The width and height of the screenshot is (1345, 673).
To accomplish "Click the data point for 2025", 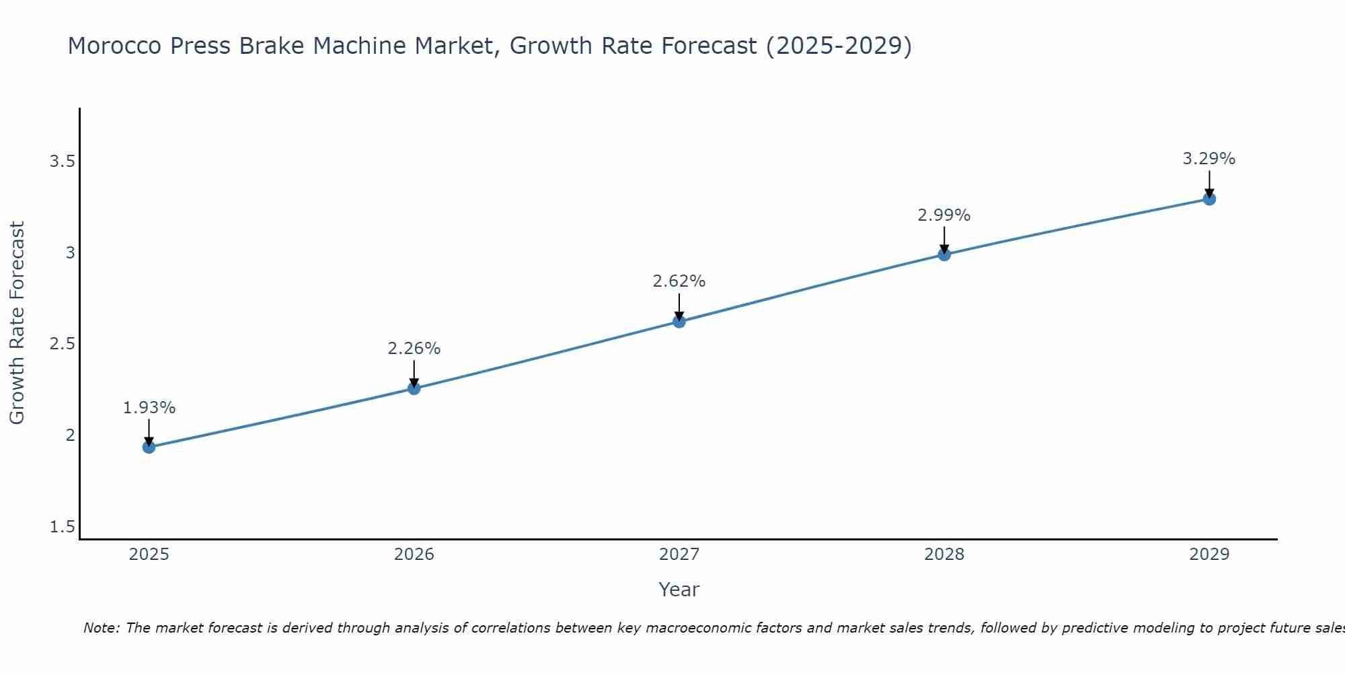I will [149, 447].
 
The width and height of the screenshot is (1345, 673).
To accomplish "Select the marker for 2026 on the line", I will [414, 388].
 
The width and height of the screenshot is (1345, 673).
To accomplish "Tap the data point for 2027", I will [679, 322].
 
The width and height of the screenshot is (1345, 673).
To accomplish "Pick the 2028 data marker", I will [944, 254].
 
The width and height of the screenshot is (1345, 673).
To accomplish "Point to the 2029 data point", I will [1208, 199].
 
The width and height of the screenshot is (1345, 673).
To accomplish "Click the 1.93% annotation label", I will [149, 408].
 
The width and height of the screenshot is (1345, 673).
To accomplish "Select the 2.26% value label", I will [414, 349].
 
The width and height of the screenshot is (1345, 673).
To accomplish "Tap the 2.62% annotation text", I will [679, 281].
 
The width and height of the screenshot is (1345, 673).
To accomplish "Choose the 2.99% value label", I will [944, 215].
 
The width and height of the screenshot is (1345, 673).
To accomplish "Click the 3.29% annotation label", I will [1208, 159].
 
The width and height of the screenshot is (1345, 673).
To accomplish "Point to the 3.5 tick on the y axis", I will [62, 162].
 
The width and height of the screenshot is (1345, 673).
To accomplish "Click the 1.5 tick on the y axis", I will [62, 527].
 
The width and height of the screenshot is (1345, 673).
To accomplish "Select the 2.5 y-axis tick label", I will [62, 344].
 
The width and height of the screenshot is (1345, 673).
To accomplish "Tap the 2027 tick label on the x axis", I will [679, 555].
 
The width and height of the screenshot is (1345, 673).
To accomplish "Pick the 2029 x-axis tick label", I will [1208, 555].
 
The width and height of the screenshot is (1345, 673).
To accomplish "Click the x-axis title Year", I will [679, 590].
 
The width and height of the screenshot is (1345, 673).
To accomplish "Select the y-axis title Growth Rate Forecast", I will [17, 323].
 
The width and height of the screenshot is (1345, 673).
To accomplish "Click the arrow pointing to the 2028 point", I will [944, 240].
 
